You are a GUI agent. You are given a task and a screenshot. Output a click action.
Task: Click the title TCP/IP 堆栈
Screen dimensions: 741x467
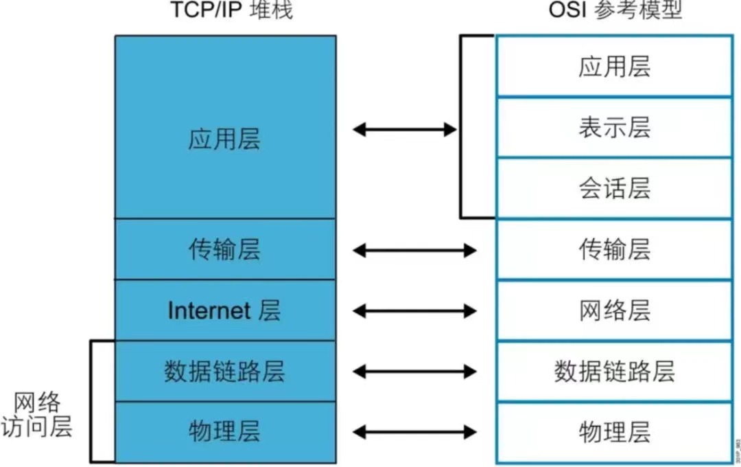232,10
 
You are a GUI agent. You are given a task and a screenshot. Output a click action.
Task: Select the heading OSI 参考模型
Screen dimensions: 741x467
615,10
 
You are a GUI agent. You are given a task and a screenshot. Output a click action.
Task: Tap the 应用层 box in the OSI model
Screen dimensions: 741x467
614,66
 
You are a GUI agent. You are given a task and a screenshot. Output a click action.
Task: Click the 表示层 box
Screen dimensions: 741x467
614,127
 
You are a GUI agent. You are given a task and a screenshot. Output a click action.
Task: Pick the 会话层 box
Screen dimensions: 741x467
614,188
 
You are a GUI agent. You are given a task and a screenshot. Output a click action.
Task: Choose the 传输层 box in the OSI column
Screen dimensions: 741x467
614,249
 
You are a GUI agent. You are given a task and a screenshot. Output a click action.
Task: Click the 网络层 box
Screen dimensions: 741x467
614,310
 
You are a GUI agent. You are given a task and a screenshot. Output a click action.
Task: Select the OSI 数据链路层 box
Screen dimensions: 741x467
614,372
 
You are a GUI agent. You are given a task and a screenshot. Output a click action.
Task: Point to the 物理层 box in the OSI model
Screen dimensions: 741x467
614,433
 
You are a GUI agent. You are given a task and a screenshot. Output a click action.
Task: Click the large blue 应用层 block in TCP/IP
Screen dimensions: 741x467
226,127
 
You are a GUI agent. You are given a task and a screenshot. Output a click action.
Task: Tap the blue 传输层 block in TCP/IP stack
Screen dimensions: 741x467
226,249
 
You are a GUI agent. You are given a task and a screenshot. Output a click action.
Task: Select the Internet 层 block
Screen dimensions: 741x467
226,310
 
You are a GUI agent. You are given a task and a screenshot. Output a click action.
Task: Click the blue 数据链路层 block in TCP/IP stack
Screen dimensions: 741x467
226,372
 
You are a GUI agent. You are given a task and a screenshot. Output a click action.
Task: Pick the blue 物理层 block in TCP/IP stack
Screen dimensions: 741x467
226,433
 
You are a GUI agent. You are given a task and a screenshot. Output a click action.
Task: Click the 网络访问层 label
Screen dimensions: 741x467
37,415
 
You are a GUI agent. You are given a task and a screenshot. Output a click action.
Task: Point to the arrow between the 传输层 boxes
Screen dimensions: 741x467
414,250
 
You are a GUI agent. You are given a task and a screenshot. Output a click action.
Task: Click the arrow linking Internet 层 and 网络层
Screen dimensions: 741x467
414,311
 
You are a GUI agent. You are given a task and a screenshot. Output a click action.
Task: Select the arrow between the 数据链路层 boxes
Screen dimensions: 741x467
414,372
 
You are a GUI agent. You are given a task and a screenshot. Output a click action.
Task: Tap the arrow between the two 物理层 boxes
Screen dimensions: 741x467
414,432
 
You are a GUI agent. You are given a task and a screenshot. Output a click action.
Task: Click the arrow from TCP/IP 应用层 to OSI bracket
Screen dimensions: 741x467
405,129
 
